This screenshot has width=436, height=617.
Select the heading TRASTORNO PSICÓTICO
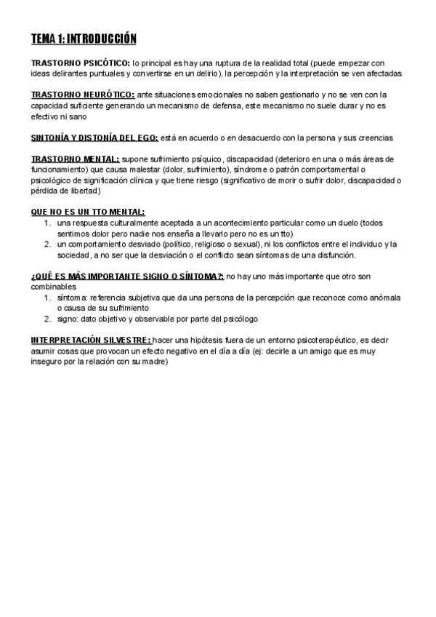click(x=80, y=63)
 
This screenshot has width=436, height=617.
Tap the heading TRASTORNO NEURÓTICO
click(x=83, y=95)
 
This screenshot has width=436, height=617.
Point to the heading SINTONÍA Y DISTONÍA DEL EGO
click(x=94, y=138)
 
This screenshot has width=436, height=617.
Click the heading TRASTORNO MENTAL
click(x=76, y=159)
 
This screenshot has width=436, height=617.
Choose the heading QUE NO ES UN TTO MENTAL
click(x=88, y=212)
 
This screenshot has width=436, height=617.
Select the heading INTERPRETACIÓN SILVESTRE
click(x=92, y=340)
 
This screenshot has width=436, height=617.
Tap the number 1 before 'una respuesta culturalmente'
click(x=47, y=223)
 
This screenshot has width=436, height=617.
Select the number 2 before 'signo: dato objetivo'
click(x=47, y=319)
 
